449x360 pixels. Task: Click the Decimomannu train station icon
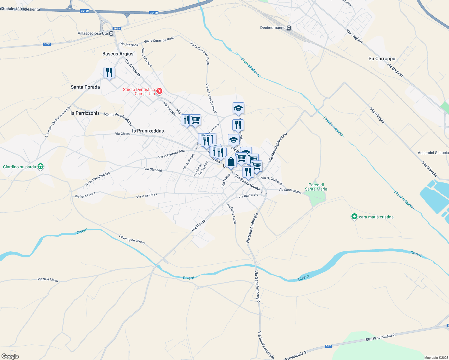(x=289, y=28)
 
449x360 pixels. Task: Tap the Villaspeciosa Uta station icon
(x=111, y=34)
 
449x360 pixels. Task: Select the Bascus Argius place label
(x=118, y=54)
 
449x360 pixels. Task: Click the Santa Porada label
(x=85, y=87)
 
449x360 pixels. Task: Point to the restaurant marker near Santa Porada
(x=109, y=73)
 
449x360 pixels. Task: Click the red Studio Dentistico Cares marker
(x=159, y=91)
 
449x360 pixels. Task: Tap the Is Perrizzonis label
(x=85, y=113)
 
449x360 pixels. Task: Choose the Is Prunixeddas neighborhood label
(x=148, y=131)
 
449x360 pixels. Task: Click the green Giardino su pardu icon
(x=41, y=166)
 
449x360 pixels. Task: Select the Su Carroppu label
(x=382, y=59)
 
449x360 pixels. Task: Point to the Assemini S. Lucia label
(x=433, y=153)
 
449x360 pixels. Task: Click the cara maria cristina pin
(x=354, y=217)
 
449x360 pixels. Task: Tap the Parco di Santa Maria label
(x=316, y=187)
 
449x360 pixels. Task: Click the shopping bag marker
(x=231, y=162)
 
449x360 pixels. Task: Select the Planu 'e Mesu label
(x=48, y=280)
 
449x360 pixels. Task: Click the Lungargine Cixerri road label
(x=132, y=239)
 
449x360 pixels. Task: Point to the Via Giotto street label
(x=122, y=134)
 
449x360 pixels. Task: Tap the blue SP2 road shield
(x=328, y=346)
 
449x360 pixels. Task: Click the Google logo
(x=10, y=356)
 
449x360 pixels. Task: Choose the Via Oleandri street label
(x=153, y=169)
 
